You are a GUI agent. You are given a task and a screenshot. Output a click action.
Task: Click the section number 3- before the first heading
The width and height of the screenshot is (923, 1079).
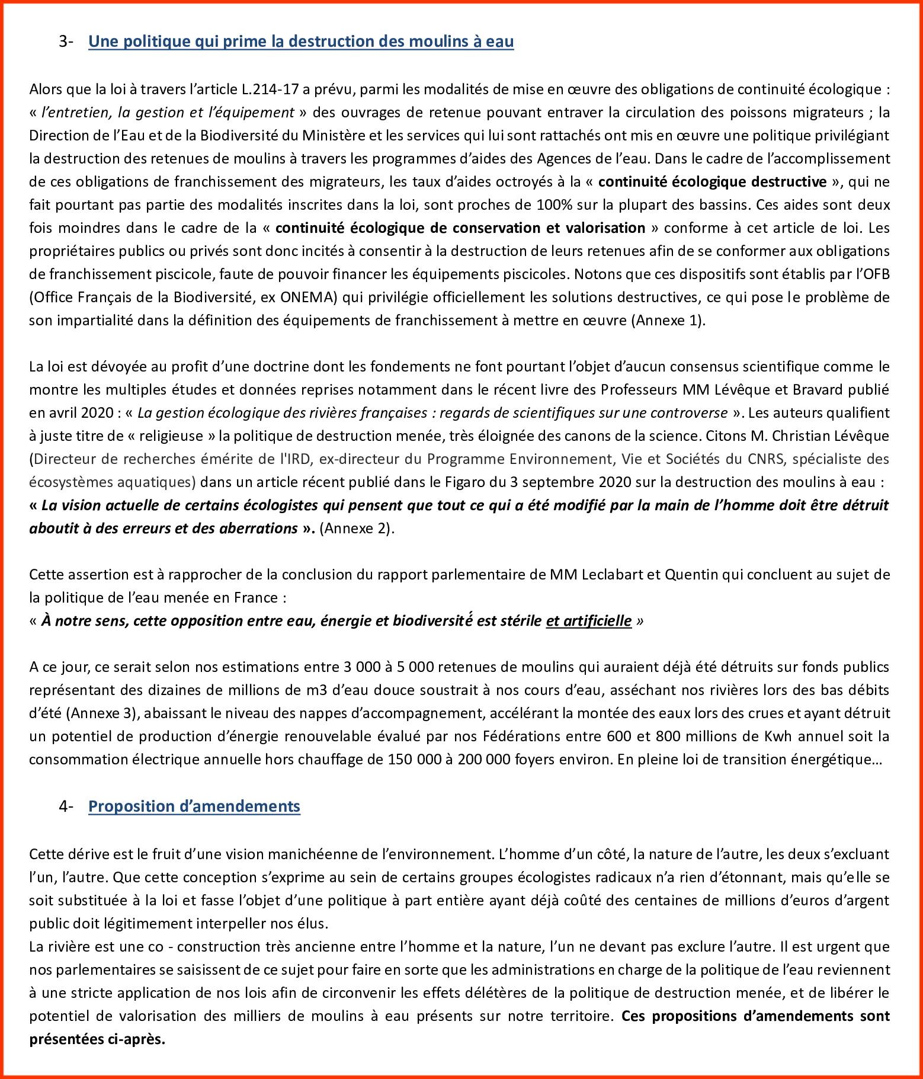66,41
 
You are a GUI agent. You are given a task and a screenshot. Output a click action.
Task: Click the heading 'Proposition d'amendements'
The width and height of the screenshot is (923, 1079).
194,806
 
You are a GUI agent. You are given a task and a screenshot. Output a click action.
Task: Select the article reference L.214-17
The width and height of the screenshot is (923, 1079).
270,89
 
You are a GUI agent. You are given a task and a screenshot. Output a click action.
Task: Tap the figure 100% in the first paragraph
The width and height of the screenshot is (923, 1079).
555,205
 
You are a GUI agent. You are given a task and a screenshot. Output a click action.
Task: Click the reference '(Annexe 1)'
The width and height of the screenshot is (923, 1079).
668,321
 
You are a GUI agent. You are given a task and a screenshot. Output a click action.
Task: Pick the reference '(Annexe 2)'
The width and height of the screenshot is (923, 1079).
357,529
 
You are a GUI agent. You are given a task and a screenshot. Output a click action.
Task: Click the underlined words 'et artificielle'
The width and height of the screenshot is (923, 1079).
589,621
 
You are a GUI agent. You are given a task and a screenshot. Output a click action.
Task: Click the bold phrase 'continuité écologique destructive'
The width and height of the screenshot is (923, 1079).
712,182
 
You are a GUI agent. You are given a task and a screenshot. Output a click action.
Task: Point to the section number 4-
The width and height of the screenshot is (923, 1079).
66,806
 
